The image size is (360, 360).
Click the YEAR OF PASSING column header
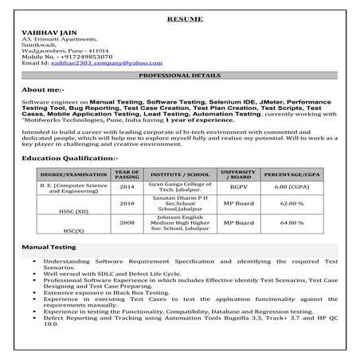point(127,173)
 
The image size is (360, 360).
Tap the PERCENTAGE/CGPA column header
point(294,173)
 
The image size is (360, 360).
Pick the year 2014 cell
point(127,187)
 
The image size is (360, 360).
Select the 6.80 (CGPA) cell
point(294,187)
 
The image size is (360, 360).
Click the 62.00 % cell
point(294,203)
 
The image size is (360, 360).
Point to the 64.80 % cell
point(294,223)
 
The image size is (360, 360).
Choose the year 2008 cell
point(127,223)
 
